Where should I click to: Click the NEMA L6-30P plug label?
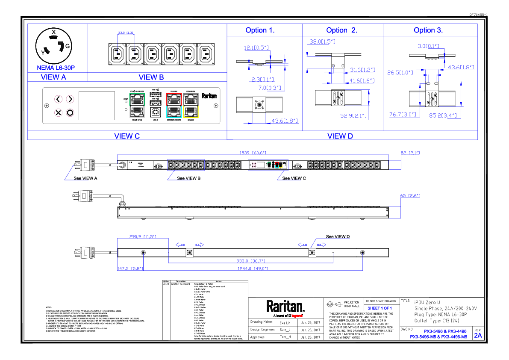point(56,68)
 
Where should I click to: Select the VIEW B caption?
point(151,77)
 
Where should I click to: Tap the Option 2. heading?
point(341,30)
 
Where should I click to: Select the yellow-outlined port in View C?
point(191,112)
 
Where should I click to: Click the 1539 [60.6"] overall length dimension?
point(252,153)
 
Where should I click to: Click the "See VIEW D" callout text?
point(338,236)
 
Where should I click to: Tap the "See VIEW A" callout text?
point(85,178)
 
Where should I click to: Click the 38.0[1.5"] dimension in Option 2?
point(322,41)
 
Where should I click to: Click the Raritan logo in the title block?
point(285,306)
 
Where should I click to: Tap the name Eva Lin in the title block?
point(285,323)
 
